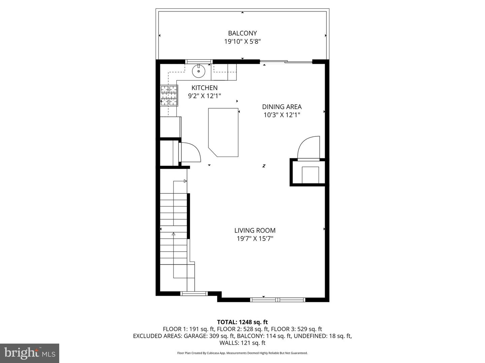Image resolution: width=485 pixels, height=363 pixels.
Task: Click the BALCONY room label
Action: (243, 33)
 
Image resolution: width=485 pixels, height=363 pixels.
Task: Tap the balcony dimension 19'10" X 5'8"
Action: (243, 41)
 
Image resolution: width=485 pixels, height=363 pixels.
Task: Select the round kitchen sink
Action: (199, 71)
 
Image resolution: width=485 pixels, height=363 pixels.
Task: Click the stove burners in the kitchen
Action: (169, 96)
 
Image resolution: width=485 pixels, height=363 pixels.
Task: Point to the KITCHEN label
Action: (204, 88)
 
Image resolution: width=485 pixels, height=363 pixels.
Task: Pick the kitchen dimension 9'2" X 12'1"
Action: (204, 96)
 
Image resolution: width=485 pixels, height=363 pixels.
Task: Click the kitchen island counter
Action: (223, 132)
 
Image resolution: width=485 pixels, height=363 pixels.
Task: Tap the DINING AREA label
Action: (282, 107)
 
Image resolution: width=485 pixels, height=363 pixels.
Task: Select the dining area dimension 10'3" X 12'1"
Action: (282, 115)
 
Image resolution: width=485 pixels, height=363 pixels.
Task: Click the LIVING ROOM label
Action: (255, 230)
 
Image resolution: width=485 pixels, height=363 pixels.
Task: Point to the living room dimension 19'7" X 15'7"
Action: (255, 239)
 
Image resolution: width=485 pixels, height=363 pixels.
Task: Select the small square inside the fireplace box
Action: (310, 175)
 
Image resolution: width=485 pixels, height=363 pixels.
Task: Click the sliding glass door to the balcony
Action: (286, 62)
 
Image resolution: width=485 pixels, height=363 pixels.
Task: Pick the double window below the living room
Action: (278, 299)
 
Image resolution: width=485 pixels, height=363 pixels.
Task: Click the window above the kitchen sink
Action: (199, 62)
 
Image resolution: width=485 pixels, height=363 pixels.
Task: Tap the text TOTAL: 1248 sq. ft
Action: (243, 322)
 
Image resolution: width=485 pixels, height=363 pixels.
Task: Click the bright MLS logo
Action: (30, 353)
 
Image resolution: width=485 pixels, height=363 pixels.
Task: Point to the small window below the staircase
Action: (194, 293)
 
